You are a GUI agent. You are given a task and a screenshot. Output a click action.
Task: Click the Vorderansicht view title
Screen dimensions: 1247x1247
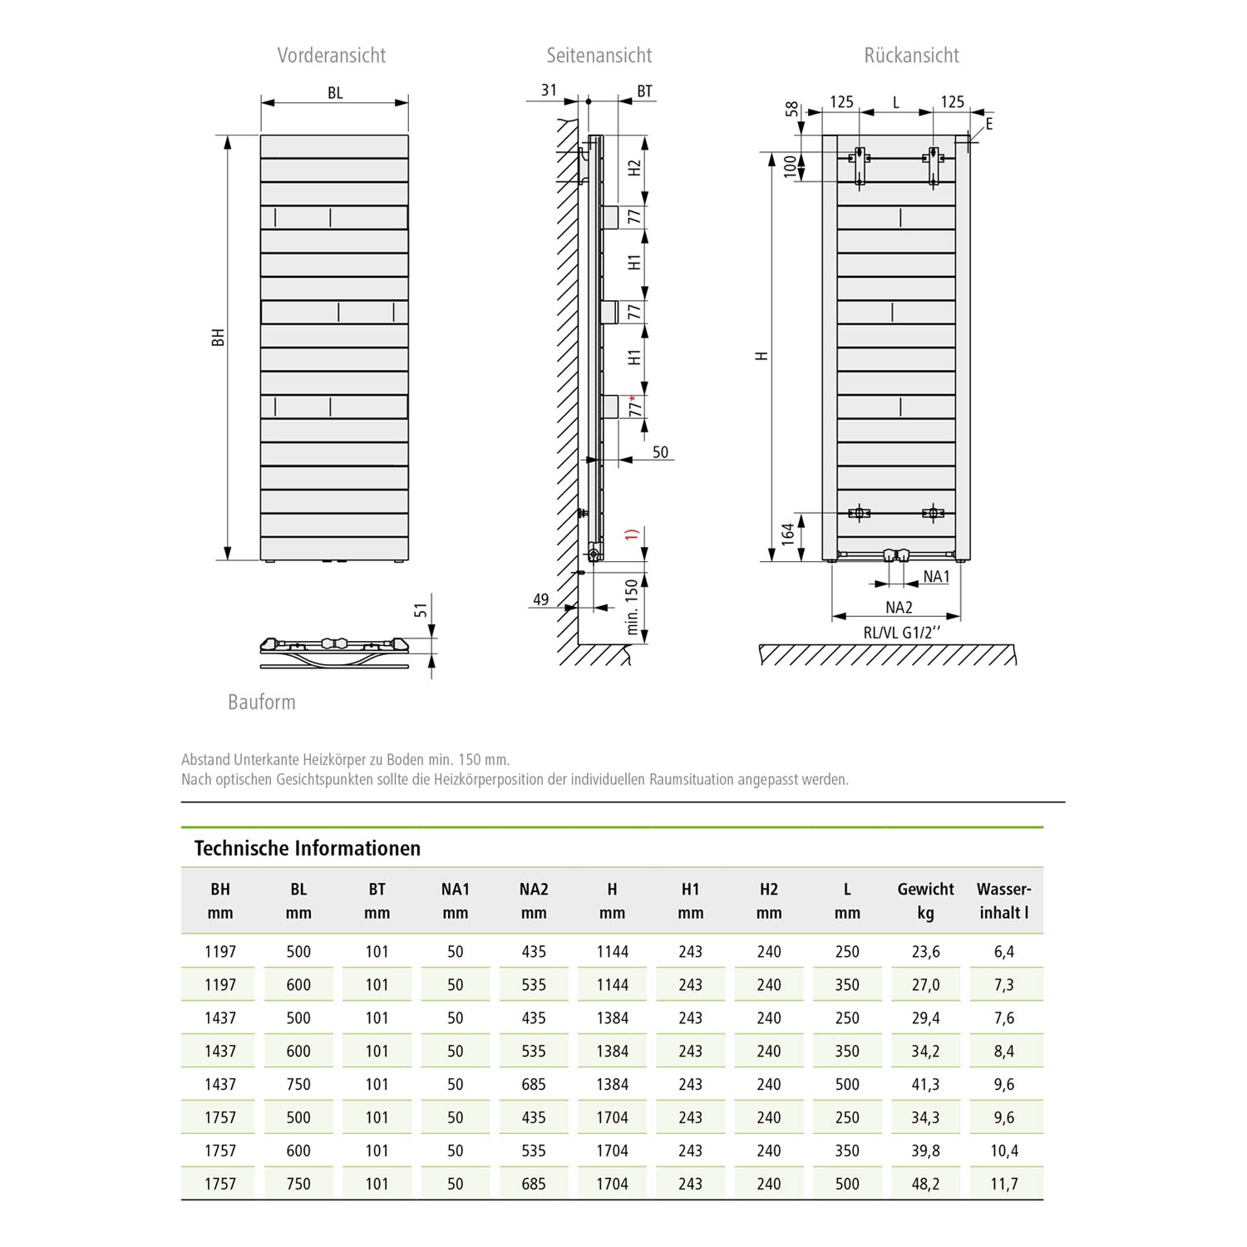332,56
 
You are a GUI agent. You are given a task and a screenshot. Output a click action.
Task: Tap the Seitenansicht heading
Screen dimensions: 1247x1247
599,56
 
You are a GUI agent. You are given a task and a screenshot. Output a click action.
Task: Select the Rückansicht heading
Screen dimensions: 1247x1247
911,56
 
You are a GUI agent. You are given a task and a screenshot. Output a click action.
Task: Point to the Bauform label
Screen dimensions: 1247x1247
262,702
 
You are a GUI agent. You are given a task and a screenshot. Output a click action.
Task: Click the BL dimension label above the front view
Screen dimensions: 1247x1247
335,93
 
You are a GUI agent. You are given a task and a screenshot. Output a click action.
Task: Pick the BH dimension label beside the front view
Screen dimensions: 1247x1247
218,338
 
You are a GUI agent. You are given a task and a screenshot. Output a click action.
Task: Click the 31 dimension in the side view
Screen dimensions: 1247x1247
549,90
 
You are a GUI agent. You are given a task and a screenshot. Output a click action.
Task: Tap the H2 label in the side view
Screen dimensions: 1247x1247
634,167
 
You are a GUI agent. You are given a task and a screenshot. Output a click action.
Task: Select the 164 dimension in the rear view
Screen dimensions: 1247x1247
787,533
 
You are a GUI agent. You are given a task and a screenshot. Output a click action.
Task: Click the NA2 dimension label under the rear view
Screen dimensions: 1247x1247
899,608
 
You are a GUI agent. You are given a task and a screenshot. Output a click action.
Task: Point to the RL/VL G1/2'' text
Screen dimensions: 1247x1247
902,633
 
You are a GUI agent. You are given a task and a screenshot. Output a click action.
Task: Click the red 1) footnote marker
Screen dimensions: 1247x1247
632,535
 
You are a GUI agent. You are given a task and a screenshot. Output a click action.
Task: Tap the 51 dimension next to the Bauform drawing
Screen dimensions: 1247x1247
421,611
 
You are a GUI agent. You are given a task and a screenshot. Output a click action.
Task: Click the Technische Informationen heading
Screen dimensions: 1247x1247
308,848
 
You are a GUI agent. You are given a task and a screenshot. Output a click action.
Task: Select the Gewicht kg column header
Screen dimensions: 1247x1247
925,900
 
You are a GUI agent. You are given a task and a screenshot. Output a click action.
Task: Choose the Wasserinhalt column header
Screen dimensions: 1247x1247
1003,900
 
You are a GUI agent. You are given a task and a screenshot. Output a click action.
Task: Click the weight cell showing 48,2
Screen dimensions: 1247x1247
925,1184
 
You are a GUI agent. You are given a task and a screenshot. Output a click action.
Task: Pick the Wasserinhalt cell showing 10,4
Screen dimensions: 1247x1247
1003,1151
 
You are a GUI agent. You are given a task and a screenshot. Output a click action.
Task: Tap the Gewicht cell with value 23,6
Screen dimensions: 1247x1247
925,952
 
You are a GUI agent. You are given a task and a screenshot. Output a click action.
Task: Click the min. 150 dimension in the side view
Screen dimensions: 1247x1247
633,608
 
